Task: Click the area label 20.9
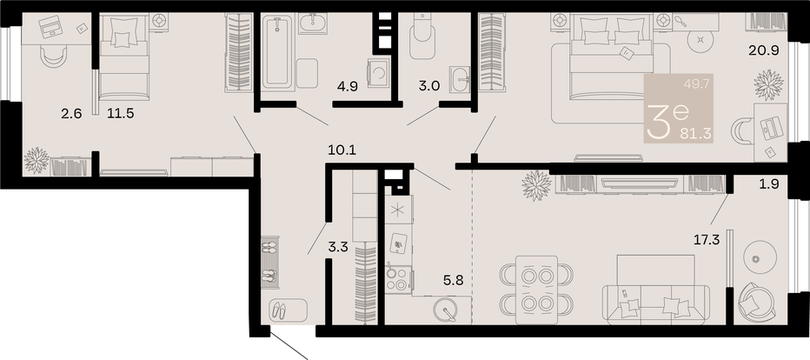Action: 764,50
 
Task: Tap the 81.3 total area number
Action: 697,134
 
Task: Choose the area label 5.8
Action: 455,281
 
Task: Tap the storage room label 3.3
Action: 338,248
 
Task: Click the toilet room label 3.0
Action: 428,86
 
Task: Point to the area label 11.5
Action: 120,113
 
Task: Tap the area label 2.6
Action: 71,113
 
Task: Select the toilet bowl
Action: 423,35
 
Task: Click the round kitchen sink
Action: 448,310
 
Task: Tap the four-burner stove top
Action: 397,279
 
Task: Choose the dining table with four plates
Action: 537,290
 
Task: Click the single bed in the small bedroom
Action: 124,57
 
